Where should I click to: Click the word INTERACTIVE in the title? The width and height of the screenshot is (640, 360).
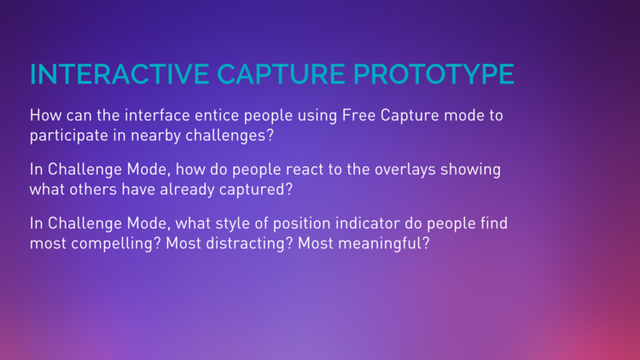tap(119, 74)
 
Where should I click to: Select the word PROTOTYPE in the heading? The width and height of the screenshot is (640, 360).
tap(433, 74)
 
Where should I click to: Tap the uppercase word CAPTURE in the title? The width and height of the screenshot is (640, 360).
tap(281, 74)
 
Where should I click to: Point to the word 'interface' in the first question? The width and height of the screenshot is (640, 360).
tap(157, 115)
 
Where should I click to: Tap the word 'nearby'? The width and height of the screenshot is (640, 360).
tap(155, 136)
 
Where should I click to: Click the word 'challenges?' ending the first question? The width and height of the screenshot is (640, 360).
tap(230, 136)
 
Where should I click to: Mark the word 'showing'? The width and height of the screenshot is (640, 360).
tap(470, 170)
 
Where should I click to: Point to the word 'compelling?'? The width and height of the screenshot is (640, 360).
tap(116, 244)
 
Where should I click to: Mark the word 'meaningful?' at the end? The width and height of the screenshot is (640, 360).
tap(384, 244)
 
